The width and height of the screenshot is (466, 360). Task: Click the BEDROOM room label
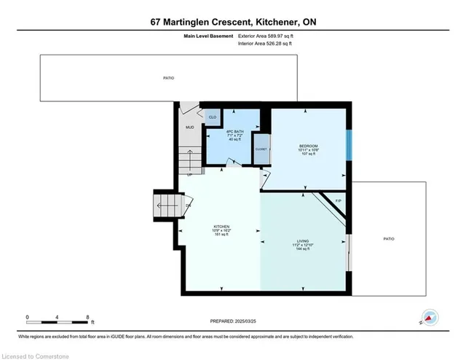[x=309, y=146]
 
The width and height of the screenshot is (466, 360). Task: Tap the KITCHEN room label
[x=221, y=226]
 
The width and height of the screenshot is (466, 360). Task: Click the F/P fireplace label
[x=338, y=201]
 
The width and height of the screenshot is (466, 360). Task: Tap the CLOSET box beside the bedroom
[x=261, y=148]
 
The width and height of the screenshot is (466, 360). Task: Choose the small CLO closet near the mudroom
[x=213, y=117]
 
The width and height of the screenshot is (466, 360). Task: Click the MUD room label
[x=189, y=128]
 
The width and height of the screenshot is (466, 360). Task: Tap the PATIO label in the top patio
[x=168, y=78]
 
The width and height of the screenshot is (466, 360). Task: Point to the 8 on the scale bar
[x=87, y=317]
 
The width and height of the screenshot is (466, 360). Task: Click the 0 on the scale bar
[x=28, y=317]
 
